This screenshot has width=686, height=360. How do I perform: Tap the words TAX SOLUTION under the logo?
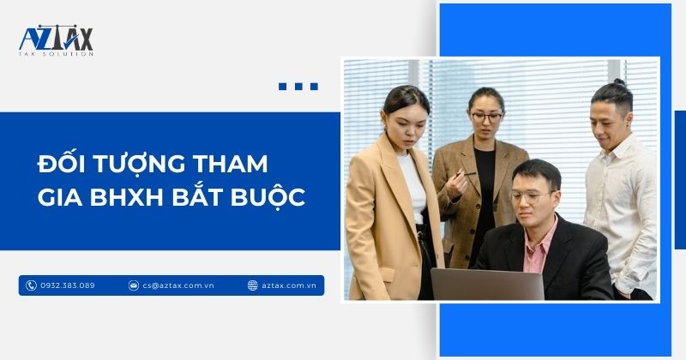(56, 54)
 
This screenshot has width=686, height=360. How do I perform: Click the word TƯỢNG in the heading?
(133, 163)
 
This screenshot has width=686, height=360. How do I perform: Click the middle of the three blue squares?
(298, 86)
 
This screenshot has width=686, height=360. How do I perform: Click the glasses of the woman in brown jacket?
(486, 115)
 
